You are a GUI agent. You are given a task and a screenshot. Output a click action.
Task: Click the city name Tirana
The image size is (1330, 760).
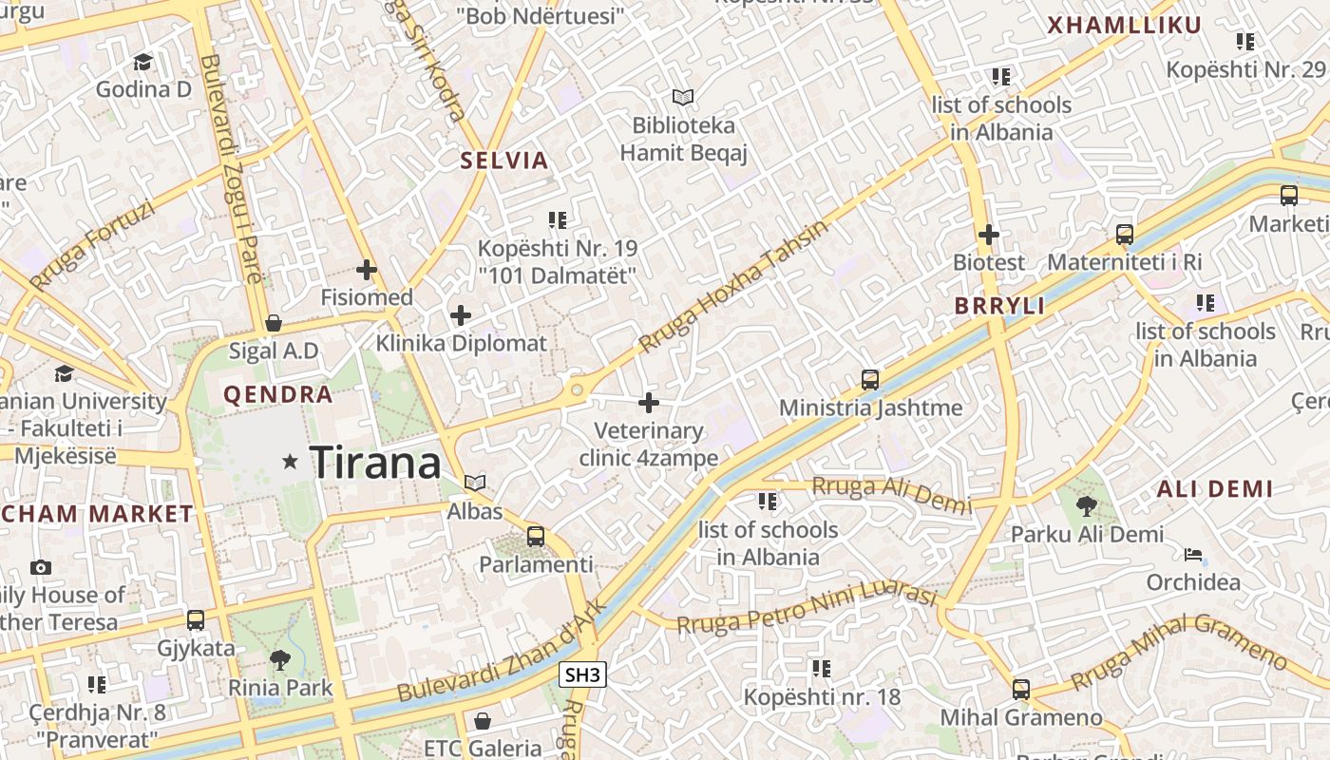pyautogui.click(x=375, y=463)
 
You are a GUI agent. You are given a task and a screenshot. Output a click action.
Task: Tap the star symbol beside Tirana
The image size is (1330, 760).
pyautogui.click(x=291, y=462)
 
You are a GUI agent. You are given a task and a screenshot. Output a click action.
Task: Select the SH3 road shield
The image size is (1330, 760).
pyautogui.click(x=581, y=675)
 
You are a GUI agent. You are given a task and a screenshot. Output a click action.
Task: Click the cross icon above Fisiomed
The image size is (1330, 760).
pyautogui.click(x=367, y=270)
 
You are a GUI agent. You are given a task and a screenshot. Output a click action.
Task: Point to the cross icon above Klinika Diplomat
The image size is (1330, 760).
pyautogui.click(x=461, y=315)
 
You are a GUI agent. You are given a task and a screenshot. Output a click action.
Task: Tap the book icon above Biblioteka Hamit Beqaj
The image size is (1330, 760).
pyautogui.click(x=683, y=97)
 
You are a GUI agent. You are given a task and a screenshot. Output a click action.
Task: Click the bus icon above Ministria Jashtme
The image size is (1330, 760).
pyautogui.click(x=870, y=380)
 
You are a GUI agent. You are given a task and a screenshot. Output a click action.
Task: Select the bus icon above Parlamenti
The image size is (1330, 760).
pyautogui.click(x=536, y=537)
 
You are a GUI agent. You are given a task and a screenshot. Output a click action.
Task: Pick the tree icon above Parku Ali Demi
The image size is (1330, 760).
pyautogui.click(x=1087, y=506)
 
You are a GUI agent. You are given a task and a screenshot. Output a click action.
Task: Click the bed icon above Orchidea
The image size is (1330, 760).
pyautogui.click(x=1193, y=555)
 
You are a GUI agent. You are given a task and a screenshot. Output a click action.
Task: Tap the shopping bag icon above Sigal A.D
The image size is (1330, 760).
pyautogui.click(x=274, y=323)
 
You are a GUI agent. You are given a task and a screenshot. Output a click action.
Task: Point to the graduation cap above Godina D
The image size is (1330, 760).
pyautogui.click(x=142, y=63)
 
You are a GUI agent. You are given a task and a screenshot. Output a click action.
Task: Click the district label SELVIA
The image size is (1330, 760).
pyautogui.click(x=504, y=161)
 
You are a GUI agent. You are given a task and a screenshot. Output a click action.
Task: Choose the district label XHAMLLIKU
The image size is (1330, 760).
pyautogui.click(x=1124, y=26)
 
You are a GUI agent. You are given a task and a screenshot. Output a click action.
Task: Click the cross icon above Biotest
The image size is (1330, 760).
pyautogui.click(x=989, y=234)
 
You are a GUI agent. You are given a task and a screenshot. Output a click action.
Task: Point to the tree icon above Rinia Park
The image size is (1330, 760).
pyautogui.click(x=280, y=659)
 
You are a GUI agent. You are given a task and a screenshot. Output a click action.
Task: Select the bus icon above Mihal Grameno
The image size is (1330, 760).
pyautogui.click(x=1021, y=690)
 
